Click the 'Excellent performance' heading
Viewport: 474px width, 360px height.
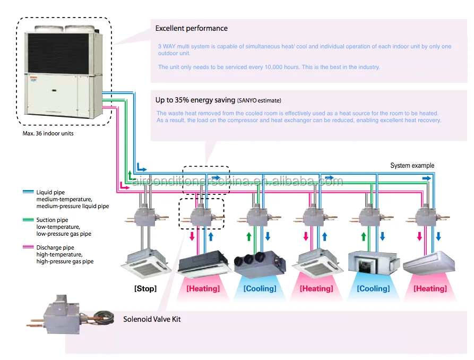point(191,28)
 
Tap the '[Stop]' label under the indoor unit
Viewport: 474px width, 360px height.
point(145,289)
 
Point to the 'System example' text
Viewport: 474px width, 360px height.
point(412,166)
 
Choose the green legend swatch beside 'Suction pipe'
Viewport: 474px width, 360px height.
point(29,219)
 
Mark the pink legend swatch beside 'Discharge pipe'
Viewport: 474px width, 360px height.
point(29,247)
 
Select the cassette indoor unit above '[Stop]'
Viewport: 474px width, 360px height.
point(146,263)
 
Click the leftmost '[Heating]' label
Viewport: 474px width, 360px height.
point(203,289)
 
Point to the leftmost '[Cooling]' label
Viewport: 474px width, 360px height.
point(260,289)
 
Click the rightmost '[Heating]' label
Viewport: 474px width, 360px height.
point(430,289)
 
